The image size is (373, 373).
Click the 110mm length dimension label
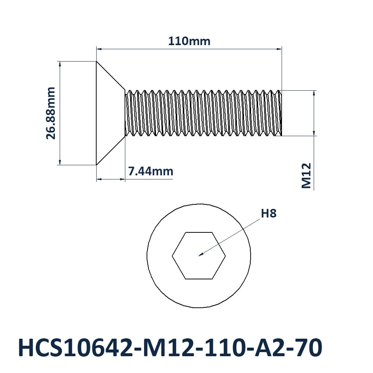tap(189, 41)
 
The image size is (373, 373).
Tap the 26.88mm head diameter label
tap(51, 113)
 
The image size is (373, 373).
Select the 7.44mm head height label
tap(150, 171)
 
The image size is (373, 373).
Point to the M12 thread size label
tap(306, 176)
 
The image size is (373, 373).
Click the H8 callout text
tap(269, 213)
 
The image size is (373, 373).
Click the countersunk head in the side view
tap(111, 113)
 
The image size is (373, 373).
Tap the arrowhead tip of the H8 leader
tap(199, 256)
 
